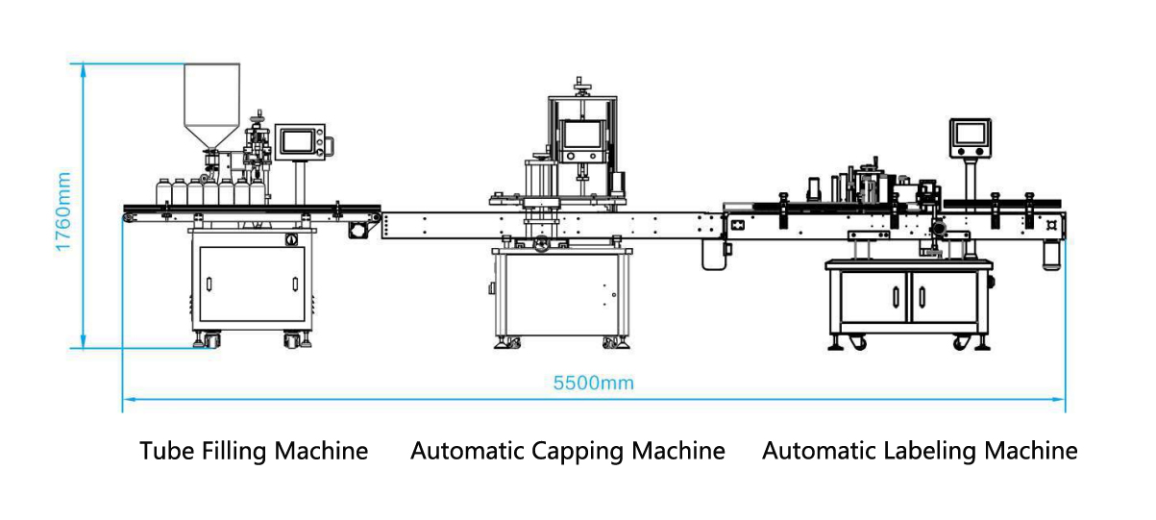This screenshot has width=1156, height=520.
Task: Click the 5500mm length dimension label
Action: tap(594, 383)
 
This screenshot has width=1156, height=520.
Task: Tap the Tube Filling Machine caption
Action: tap(254, 450)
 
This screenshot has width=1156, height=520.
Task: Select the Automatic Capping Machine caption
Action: tap(568, 450)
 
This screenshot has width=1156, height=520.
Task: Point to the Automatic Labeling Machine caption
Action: tap(920, 450)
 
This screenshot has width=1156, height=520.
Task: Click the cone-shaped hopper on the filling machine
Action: tap(210, 106)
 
